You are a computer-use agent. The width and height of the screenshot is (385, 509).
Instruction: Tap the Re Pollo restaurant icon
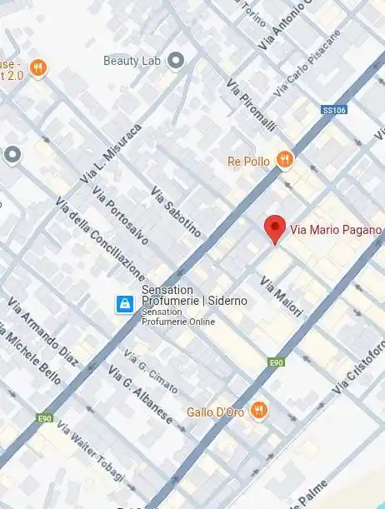coord(285,159)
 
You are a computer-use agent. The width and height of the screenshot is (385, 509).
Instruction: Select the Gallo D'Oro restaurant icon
coord(259,409)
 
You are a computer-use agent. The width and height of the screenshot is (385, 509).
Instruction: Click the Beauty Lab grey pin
coord(175,60)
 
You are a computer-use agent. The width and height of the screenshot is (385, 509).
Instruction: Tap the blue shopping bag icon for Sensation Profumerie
coord(124,304)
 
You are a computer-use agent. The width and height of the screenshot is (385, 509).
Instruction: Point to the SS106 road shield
coord(333,110)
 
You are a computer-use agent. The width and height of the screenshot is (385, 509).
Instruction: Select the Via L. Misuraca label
coord(111,154)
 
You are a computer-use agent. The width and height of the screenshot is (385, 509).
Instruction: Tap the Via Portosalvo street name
coord(122,215)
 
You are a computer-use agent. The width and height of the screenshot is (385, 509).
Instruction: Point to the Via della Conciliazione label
coord(100,240)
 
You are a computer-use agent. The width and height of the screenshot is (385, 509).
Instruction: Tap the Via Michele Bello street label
coord(31,355)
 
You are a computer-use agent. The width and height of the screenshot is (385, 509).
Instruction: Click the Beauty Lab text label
coord(131,61)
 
